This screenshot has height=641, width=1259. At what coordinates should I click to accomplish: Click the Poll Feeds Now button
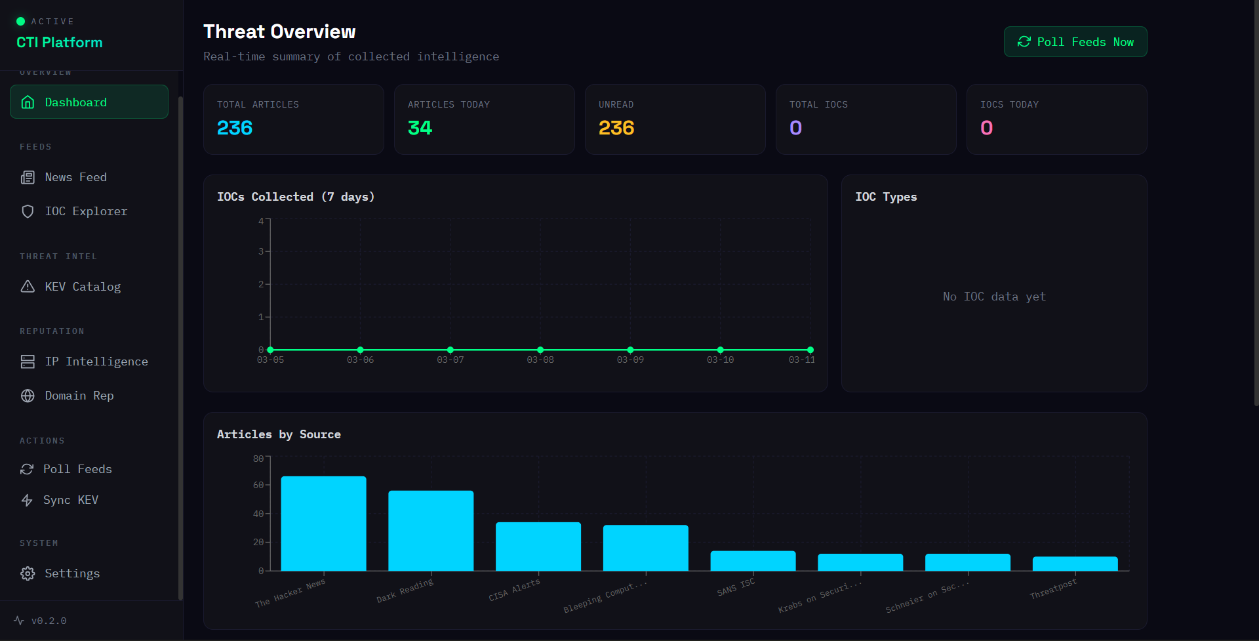[x=1075, y=42]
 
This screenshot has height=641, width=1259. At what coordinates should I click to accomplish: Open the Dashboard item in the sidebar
[x=89, y=102]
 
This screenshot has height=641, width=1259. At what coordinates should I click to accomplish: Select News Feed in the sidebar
[x=75, y=177]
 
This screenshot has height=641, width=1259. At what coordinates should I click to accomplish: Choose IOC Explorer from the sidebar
[x=85, y=211]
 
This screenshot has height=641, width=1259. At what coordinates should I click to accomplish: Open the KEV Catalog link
[x=82, y=287]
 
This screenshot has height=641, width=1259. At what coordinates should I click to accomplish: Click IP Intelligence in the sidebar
[x=96, y=362]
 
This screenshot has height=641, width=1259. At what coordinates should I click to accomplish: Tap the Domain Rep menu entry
[x=79, y=396]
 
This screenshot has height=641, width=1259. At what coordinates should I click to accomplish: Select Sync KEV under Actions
[x=70, y=500]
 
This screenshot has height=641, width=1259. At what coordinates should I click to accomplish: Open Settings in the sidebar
[x=72, y=573]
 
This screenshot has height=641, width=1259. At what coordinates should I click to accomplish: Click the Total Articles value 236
[x=235, y=128]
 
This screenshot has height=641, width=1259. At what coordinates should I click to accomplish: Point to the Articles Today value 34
[x=420, y=128]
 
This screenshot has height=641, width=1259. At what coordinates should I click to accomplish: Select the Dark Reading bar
[x=431, y=531]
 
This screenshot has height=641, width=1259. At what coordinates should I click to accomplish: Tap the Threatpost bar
[x=1075, y=564]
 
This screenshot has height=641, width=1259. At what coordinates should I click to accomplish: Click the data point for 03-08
[x=540, y=350]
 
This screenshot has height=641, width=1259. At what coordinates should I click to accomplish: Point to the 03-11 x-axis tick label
[x=801, y=360]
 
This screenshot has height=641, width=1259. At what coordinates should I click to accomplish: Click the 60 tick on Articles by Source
[x=258, y=486]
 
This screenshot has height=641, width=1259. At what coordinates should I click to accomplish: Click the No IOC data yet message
[x=994, y=297]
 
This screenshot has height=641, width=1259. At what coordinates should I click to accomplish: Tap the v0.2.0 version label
[x=49, y=621]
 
